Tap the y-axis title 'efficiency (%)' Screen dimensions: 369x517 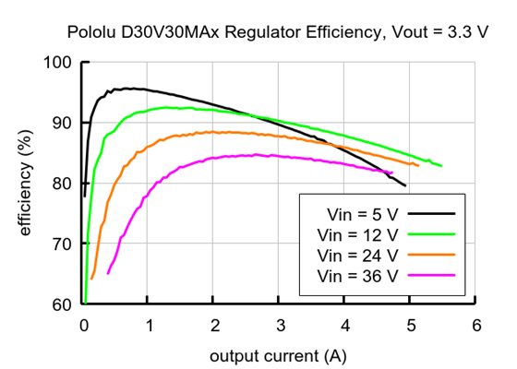(x=26, y=183)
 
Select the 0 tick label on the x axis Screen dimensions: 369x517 (x=84, y=325)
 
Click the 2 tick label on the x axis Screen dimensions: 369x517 (x=214, y=325)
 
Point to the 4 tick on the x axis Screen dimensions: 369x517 (x=345, y=325)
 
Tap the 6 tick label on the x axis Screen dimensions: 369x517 (x=475, y=325)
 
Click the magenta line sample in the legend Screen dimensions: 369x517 (x=432, y=276)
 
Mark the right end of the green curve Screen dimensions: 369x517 (x=442, y=166)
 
